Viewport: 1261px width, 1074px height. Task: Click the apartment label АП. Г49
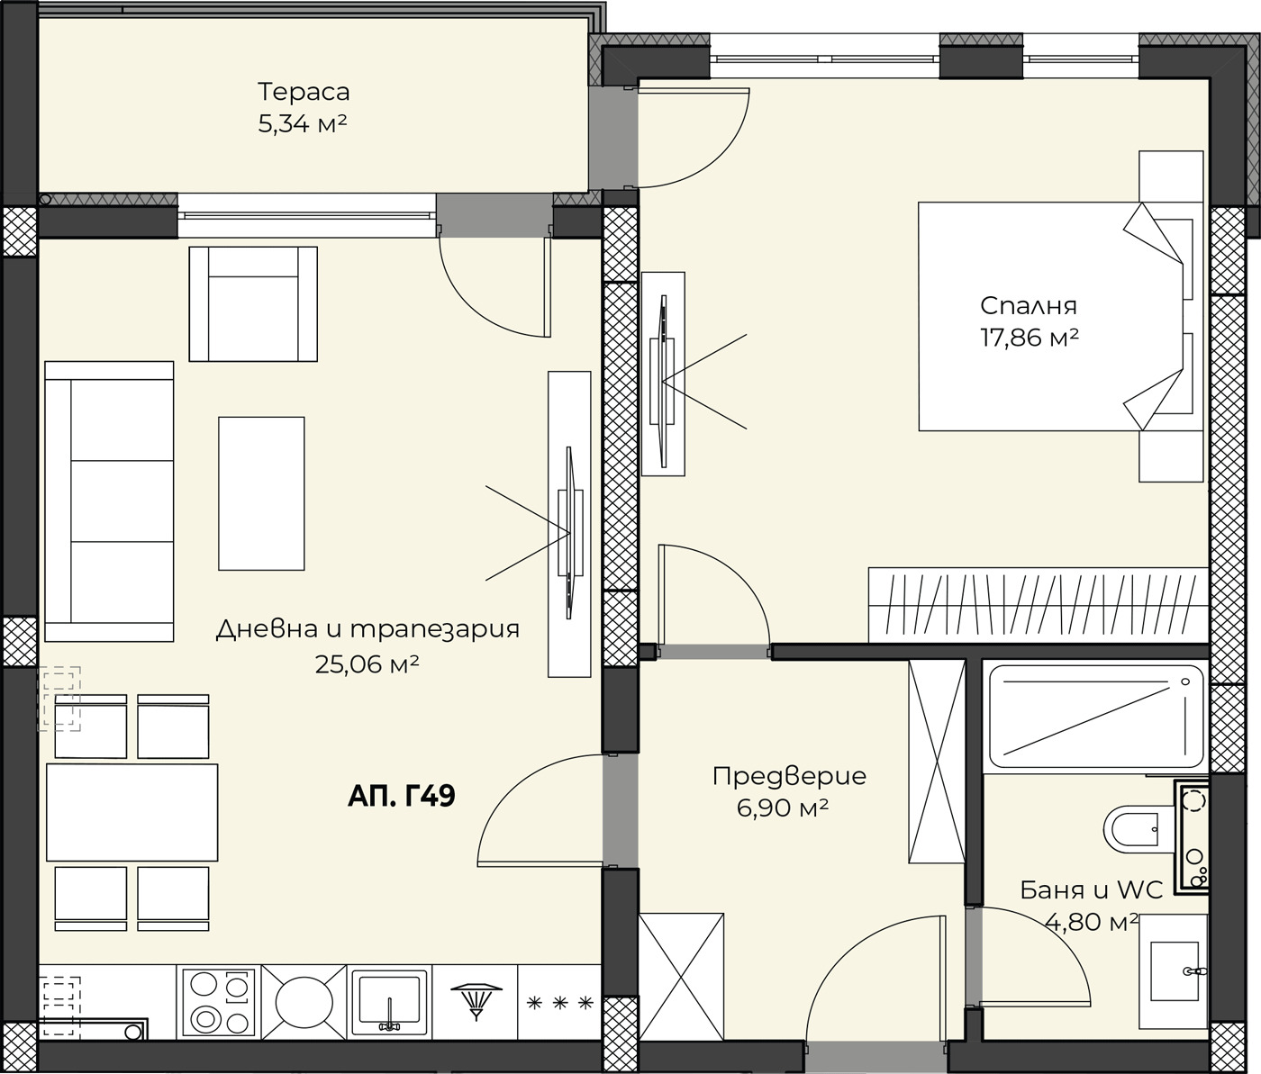402,795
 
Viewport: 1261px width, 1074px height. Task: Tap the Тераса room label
304,92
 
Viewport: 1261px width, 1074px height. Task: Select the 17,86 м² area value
1030,337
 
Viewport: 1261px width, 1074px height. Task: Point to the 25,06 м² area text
367,664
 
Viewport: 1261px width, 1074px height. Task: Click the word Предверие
789,776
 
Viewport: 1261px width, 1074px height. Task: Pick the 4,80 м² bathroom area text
1092,921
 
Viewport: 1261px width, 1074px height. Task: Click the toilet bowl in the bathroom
1131,830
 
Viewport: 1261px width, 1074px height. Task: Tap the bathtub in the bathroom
1095,717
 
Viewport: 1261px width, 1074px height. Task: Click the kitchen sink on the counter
389,1002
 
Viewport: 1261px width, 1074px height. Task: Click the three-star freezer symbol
559,1003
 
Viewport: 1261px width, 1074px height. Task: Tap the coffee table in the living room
261,493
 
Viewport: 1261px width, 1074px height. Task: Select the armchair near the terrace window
252,303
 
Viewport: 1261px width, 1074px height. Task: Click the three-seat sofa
109,501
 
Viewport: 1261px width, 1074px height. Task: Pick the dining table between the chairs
132,812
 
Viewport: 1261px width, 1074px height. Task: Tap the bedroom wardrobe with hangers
1038,605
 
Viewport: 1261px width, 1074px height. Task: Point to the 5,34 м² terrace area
303,124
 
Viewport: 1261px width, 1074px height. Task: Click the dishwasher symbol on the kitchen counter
476,1001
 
